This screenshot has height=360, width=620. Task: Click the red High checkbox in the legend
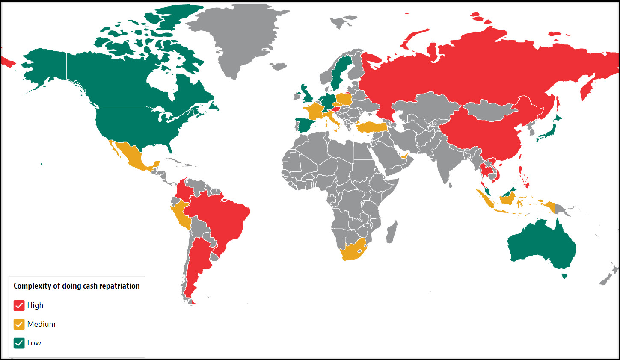tap(19, 305)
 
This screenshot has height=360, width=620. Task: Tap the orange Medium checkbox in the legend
tap(19, 324)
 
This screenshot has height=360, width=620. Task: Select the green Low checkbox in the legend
tap(19, 343)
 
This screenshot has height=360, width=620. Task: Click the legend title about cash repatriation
tap(77, 286)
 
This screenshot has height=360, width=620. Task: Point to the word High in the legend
tap(35, 305)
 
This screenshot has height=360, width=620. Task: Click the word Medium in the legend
tap(41, 324)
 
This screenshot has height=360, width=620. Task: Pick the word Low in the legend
tap(34, 343)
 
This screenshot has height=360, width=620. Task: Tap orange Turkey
tap(371, 127)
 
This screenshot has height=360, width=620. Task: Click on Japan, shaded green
tap(549, 130)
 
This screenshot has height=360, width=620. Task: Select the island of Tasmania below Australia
tap(564, 276)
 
